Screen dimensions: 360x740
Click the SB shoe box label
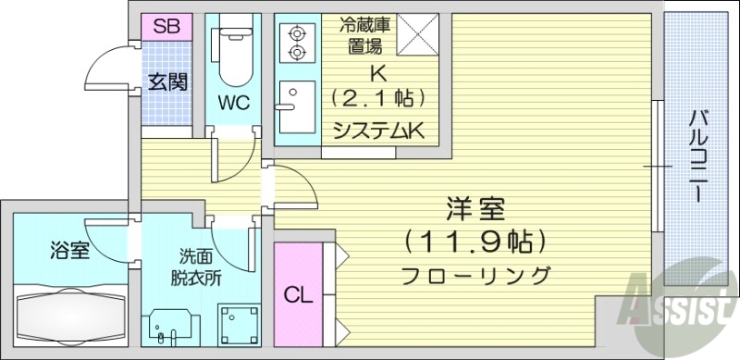point(166,25)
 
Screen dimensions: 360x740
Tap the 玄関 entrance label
point(167,81)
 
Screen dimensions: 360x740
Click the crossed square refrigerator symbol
point(419,33)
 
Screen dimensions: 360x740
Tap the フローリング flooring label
point(477,275)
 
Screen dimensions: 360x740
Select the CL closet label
point(296,297)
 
